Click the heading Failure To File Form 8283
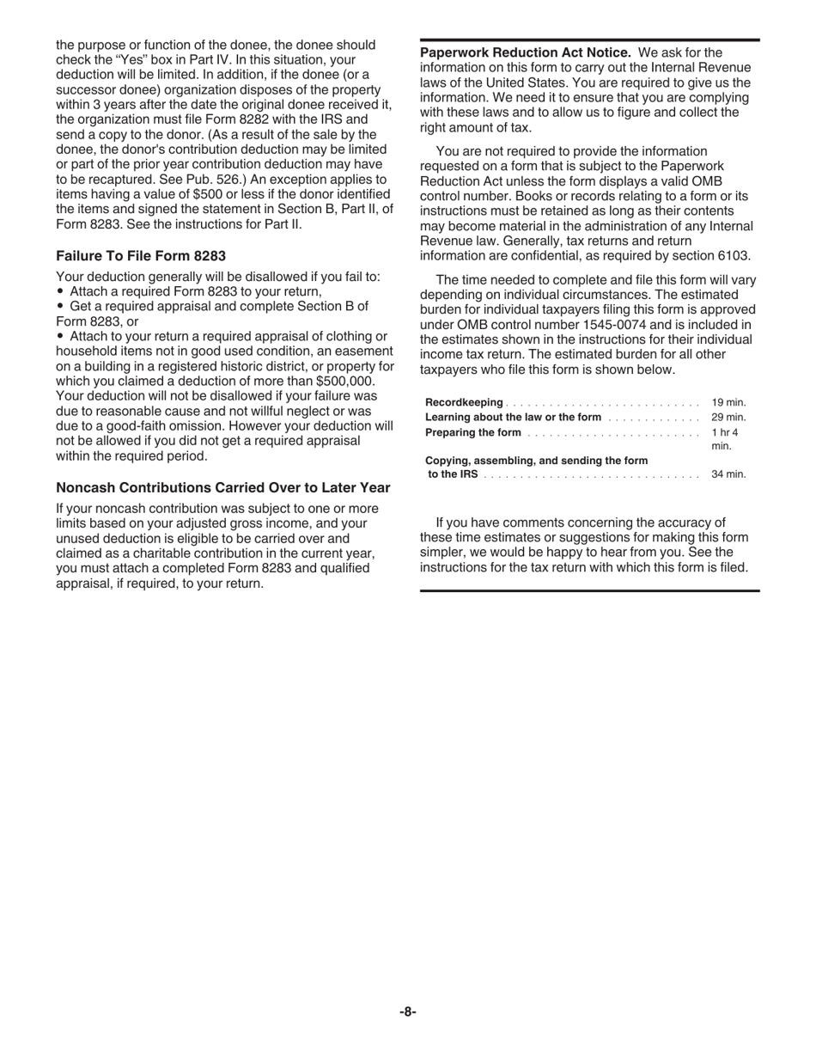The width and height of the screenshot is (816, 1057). [141, 255]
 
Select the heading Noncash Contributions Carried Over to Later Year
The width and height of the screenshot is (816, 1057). [223, 487]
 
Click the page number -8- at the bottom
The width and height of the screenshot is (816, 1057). [408, 1011]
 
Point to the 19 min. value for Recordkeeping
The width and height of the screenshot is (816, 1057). [728, 402]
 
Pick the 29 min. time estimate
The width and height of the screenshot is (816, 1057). [728, 417]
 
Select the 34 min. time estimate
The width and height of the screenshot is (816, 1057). [728, 474]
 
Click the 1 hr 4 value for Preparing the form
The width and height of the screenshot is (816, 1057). [725, 432]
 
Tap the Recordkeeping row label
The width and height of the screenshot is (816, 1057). [464, 402]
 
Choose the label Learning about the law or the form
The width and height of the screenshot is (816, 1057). [514, 417]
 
